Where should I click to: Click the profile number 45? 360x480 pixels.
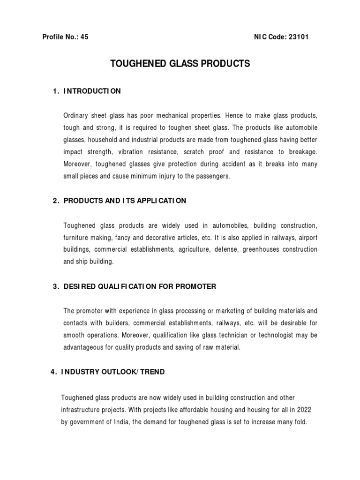(84, 37)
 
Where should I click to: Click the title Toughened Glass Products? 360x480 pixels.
(180, 64)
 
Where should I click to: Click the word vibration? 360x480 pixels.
(134, 152)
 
